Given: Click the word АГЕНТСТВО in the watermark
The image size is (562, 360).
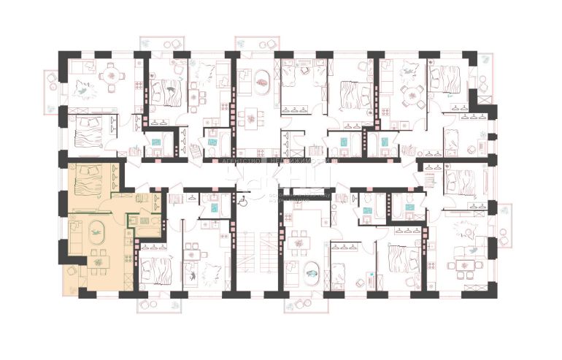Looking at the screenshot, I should [234, 159].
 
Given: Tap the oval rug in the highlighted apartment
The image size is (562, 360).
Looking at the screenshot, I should [96, 234].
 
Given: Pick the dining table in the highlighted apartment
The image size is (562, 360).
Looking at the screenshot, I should [97, 259].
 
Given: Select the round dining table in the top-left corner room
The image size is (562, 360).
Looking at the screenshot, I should [112, 74].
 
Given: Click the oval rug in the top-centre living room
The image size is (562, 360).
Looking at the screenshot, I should [261, 79].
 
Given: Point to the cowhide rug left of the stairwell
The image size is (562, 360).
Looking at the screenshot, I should [207, 272].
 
